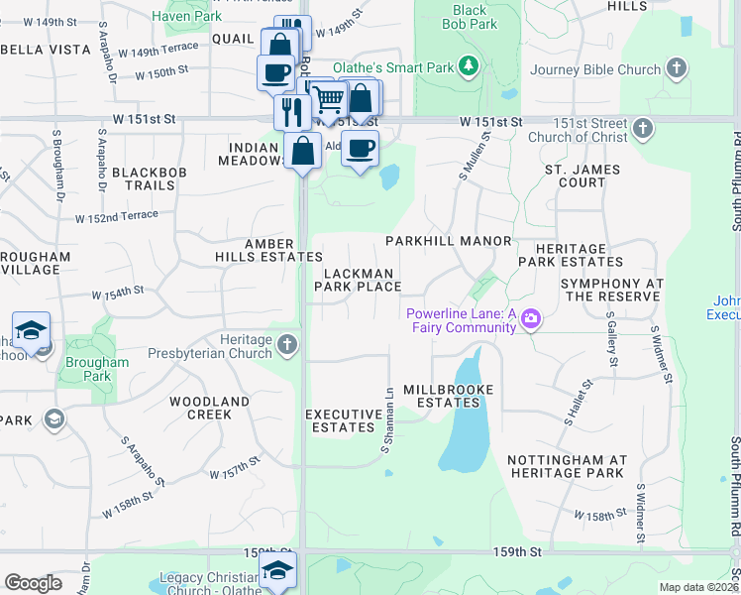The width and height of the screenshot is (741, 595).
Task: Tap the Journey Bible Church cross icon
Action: coord(676,69)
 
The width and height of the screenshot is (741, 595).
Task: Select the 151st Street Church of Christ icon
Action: coord(643,128)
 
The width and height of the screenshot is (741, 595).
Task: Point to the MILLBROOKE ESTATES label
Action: coord(448,396)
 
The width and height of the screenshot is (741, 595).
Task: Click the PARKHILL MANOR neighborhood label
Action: coord(448,241)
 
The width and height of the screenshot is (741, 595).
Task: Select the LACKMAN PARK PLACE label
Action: coord(358,280)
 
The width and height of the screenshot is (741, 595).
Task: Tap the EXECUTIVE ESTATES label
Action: coord(344,420)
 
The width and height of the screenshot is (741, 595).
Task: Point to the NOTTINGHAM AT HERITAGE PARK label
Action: coord(567,466)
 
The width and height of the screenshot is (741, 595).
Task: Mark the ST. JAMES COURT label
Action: coord(582,176)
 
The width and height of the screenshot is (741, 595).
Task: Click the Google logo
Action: coord(33,583)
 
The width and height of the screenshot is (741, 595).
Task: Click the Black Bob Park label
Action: coord(470,17)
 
